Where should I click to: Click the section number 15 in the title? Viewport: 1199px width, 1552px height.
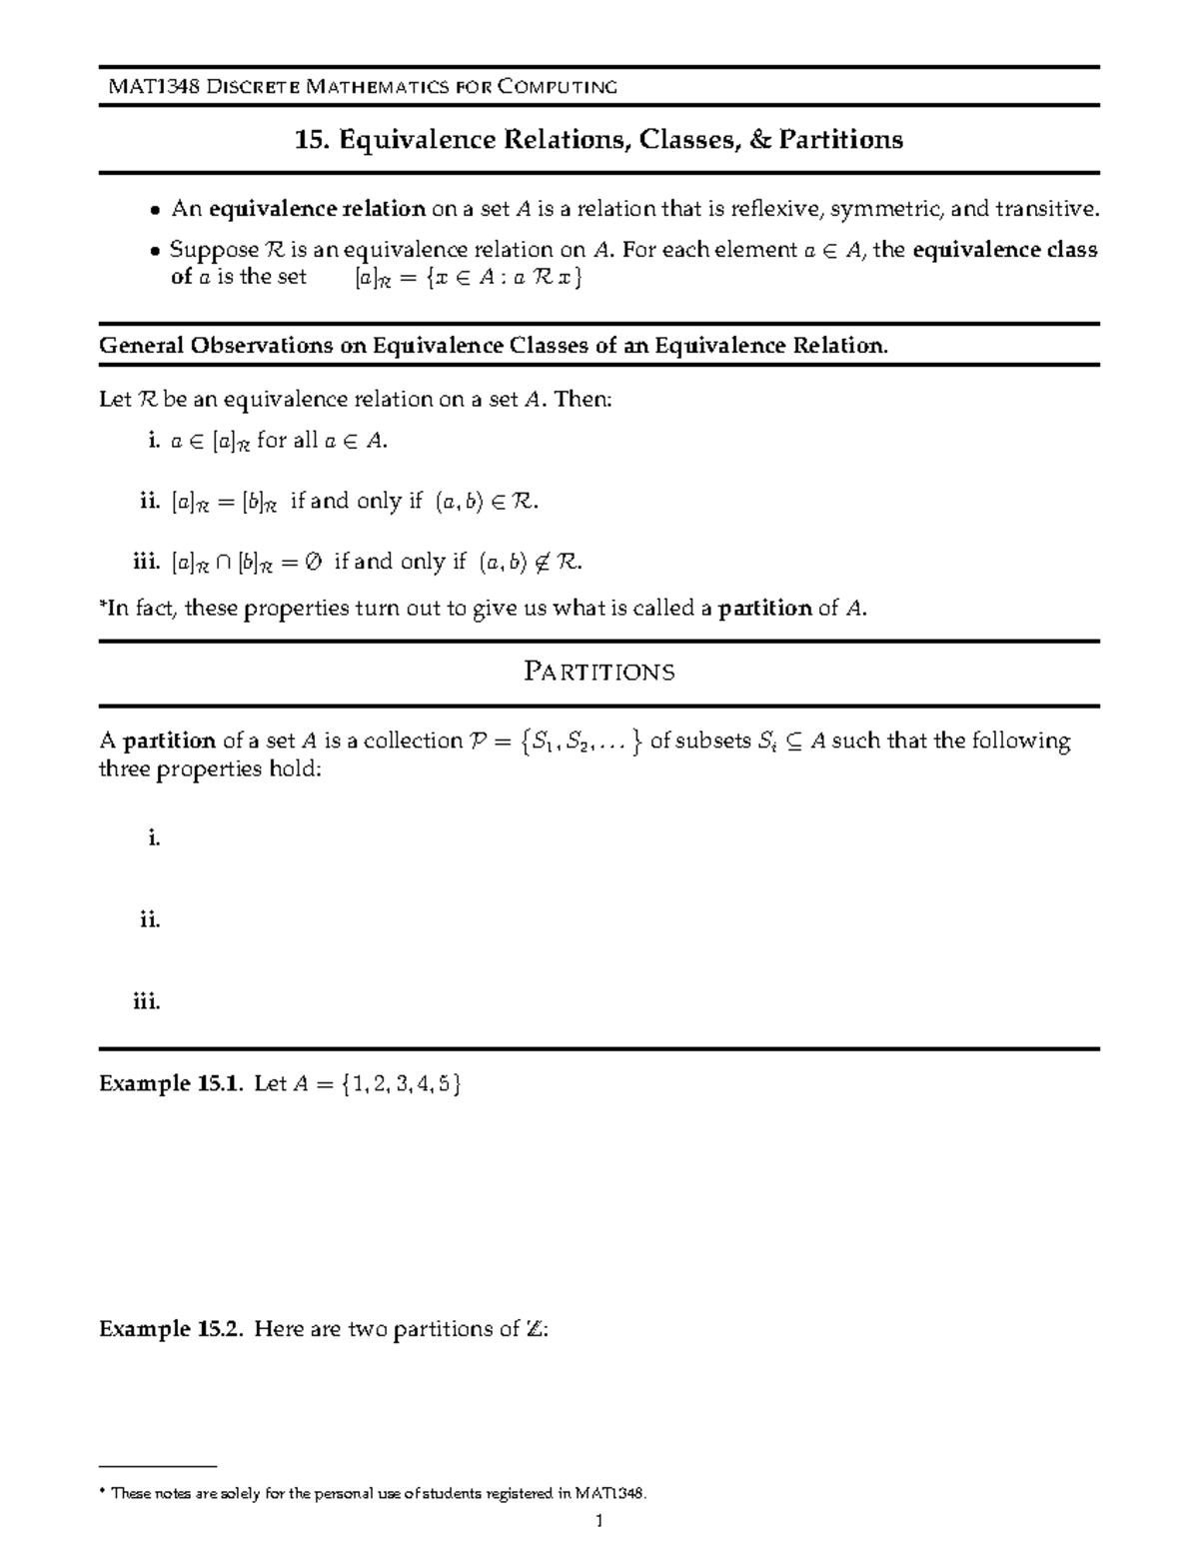pyautogui.click(x=310, y=139)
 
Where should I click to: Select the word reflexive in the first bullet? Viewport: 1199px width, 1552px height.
pyautogui.click(x=774, y=209)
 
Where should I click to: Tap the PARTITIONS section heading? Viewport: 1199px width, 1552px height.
pyautogui.click(x=599, y=672)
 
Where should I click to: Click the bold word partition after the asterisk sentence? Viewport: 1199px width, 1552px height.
pyautogui.click(x=765, y=608)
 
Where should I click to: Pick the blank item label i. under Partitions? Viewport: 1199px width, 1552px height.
pyautogui.click(x=154, y=838)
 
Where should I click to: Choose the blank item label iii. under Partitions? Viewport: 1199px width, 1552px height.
pyautogui.click(x=147, y=1001)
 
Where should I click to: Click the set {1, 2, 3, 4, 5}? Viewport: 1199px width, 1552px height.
pyautogui.click(x=400, y=1084)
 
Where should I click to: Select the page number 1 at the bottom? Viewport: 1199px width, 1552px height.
pyautogui.click(x=599, y=1523)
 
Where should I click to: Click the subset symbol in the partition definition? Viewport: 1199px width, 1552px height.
pyautogui.click(x=793, y=742)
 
